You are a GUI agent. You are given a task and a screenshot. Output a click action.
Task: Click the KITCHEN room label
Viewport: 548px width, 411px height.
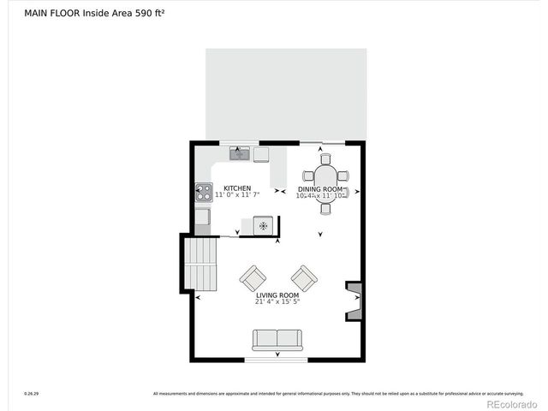pyautogui.click(x=237, y=188)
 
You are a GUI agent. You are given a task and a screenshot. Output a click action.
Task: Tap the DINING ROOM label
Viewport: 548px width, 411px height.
pyautogui.click(x=320, y=188)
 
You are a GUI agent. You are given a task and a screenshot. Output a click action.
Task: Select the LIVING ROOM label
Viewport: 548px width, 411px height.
pyautogui.click(x=277, y=295)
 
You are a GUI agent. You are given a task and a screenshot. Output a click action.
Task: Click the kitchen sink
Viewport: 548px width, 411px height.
pyautogui.click(x=239, y=154)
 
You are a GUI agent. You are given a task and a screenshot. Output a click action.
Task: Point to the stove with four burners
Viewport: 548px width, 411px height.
pyautogui.click(x=204, y=194)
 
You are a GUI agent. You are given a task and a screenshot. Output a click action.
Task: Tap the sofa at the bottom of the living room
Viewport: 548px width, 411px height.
pyautogui.click(x=277, y=339)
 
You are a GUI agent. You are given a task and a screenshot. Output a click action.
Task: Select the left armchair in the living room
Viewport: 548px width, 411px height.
pyautogui.click(x=253, y=277)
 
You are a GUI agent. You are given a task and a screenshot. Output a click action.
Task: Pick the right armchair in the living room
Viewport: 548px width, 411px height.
pyautogui.click(x=304, y=277)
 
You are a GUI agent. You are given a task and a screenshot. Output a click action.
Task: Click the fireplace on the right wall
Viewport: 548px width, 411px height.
pyautogui.click(x=354, y=301)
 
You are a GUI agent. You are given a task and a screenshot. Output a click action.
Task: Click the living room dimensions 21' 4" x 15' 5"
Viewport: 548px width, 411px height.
pyautogui.click(x=277, y=301)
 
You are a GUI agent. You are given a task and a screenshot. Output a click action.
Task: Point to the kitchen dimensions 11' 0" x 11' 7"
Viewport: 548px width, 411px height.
pyautogui.click(x=237, y=195)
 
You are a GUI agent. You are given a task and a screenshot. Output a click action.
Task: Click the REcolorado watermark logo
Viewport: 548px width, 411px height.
pyautogui.click(x=511, y=404)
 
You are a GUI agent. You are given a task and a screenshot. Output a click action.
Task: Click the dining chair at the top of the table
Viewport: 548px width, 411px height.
pyautogui.click(x=325, y=158)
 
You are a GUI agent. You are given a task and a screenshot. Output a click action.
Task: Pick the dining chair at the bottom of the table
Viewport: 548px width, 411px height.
pyautogui.click(x=325, y=208)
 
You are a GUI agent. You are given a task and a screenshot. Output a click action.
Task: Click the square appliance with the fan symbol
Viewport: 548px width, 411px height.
pyautogui.click(x=264, y=225)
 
